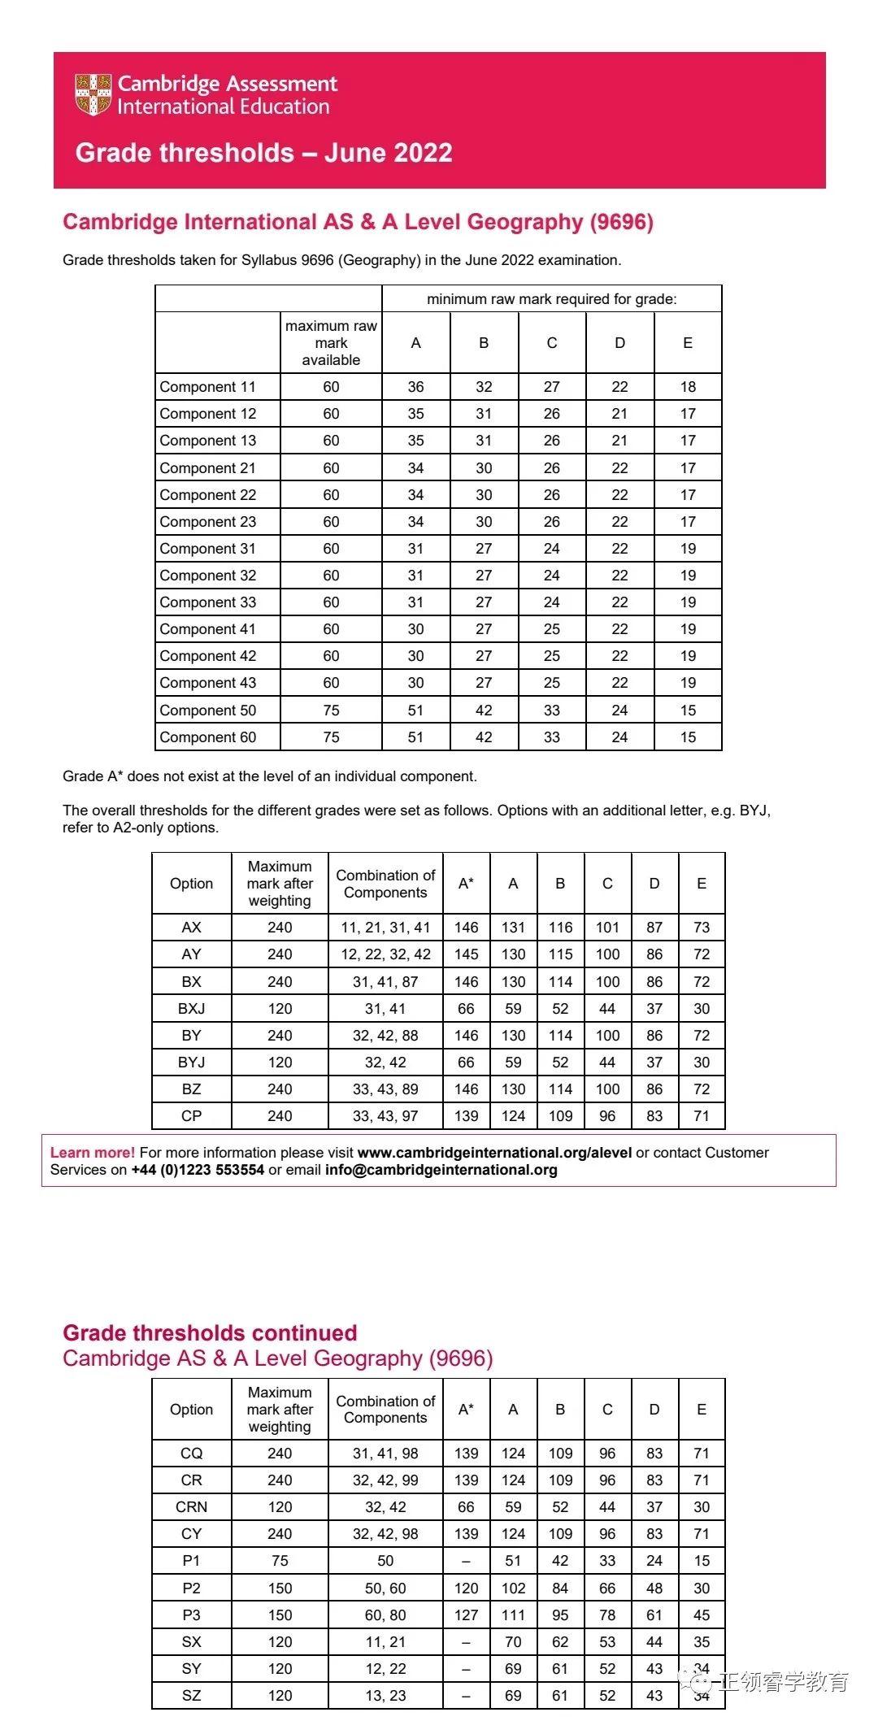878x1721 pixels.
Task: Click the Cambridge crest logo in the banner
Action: coord(93,94)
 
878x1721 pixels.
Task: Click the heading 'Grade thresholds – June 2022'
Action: coord(263,153)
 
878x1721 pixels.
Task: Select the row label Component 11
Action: coord(207,387)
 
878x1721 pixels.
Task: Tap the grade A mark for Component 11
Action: coord(415,387)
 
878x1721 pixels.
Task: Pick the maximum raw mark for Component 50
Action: coord(331,711)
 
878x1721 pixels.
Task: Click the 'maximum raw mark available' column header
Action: coord(331,343)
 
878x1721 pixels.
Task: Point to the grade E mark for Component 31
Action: coord(688,549)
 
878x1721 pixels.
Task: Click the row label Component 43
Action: coord(207,683)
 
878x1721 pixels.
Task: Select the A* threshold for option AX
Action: coord(466,928)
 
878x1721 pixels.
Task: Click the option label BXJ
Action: coord(191,1009)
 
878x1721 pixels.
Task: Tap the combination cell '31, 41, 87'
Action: coord(385,982)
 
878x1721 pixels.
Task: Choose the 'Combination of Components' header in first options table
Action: coord(385,884)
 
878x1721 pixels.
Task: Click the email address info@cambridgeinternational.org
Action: coord(441,1170)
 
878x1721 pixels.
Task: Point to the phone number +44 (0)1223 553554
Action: coord(198,1170)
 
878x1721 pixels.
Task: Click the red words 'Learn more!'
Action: coord(93,1153)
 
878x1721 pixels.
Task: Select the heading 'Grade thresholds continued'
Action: coord(210,1333)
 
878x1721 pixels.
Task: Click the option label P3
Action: coord(191,1615)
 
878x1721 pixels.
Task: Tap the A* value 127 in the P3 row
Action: coord(466,1615)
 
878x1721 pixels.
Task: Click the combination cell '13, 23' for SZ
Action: coord(385,1696)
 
